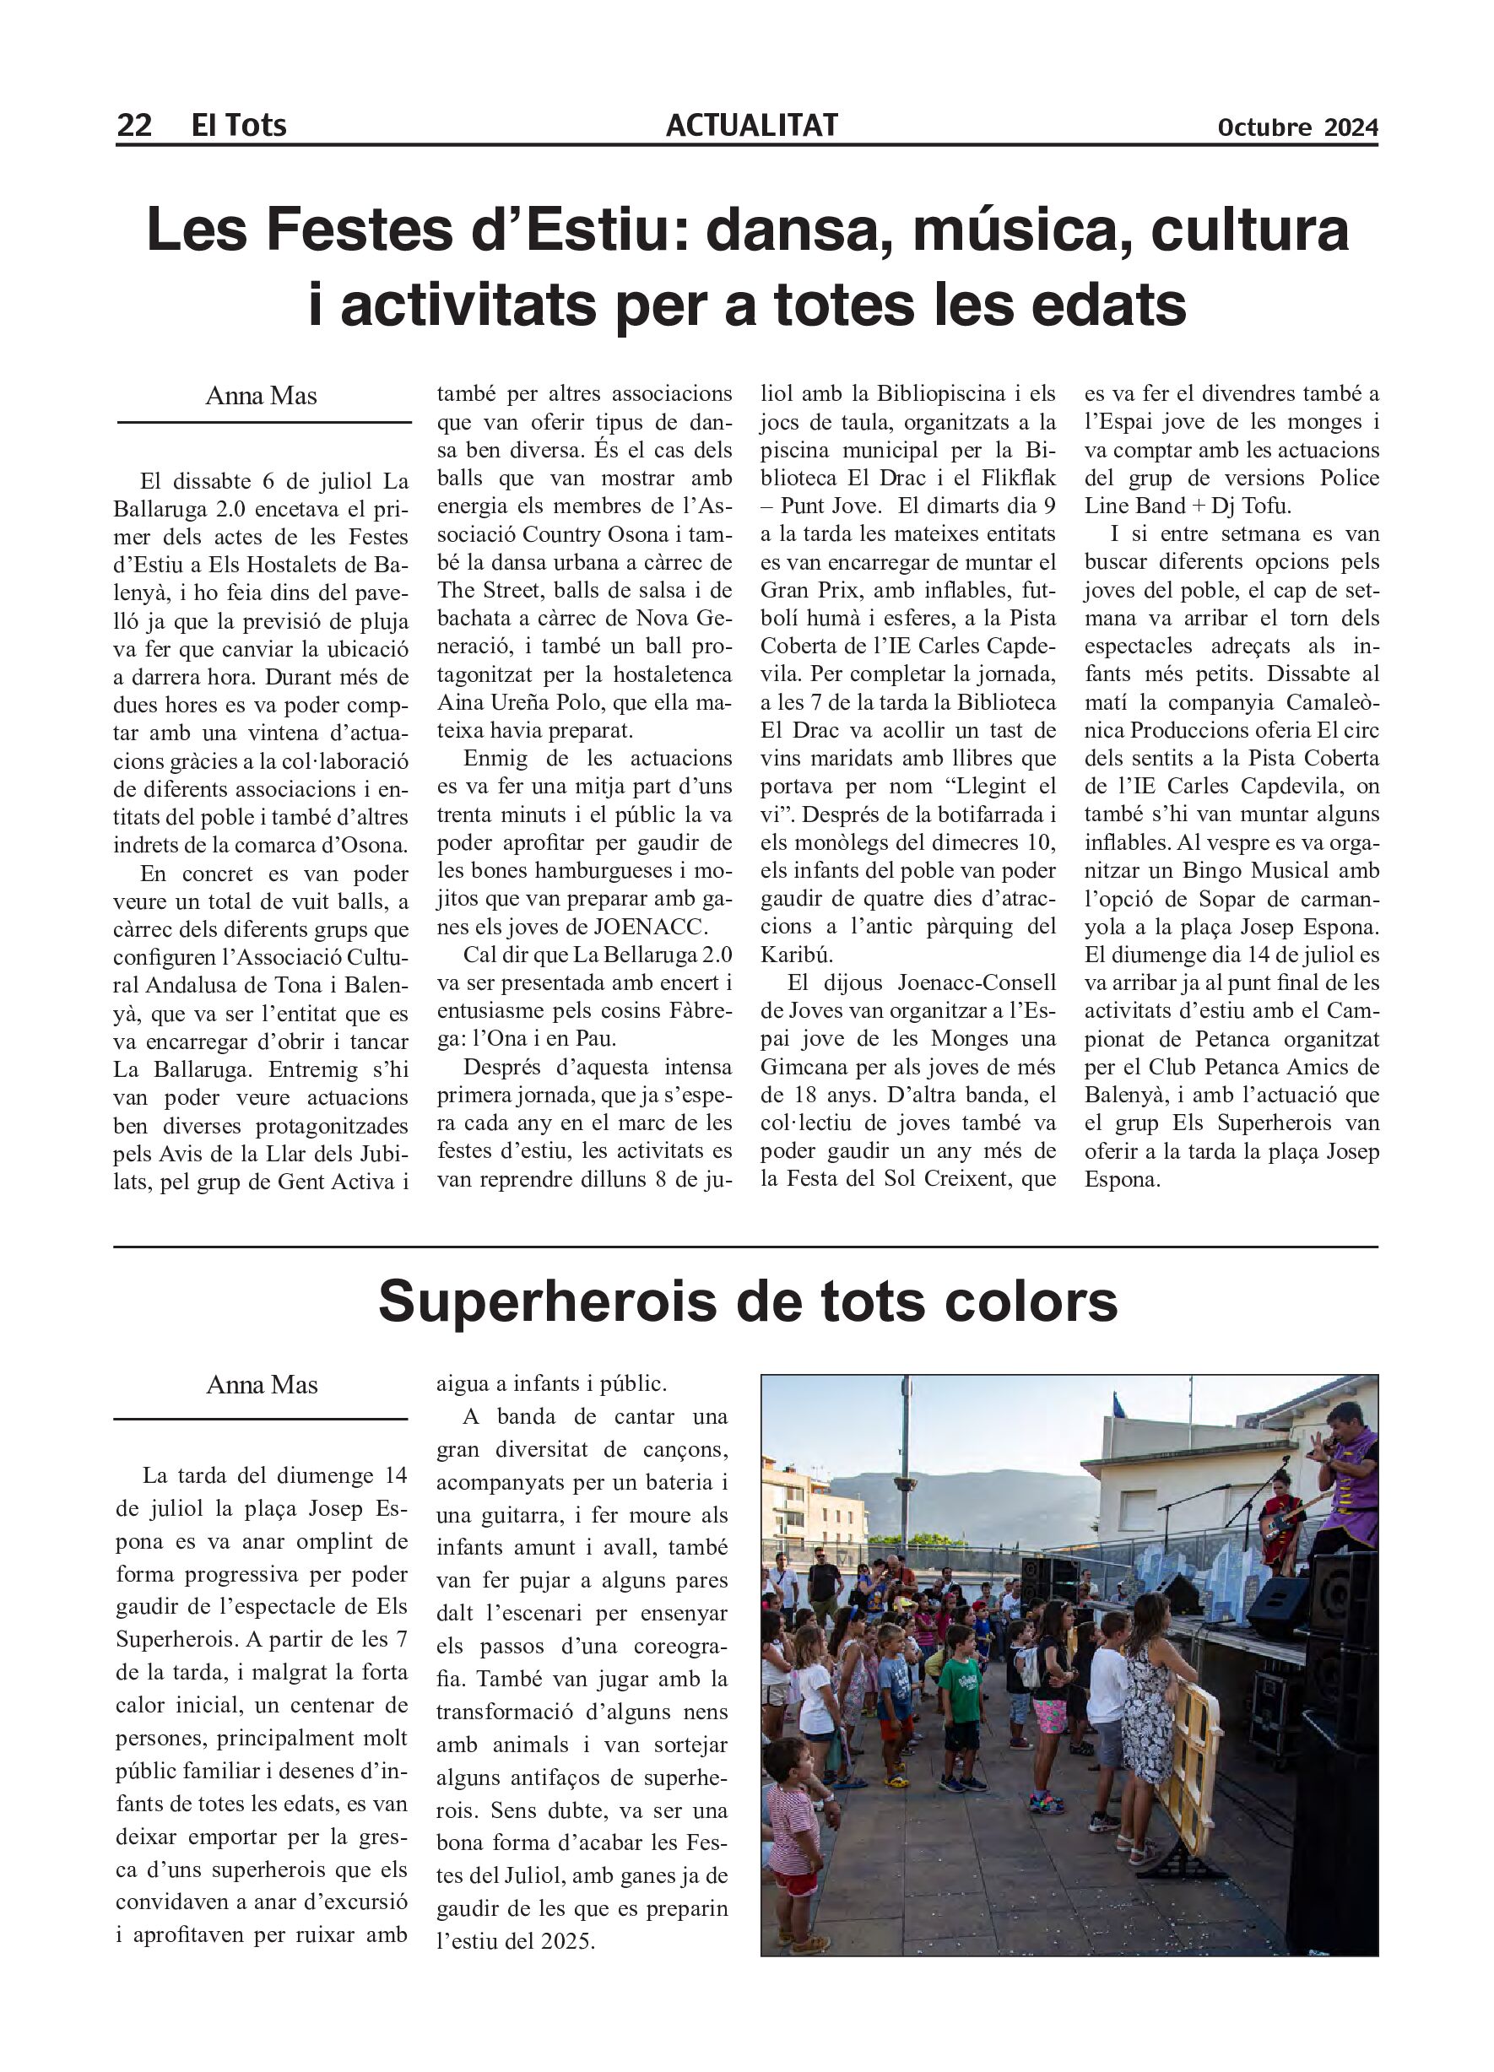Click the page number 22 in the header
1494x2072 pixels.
(x=133, y=125)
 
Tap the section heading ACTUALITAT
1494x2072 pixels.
(x=751, y=125)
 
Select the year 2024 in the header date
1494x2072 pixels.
(x=1351, y=128)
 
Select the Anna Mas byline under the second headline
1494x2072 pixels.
(x=262, y=1385)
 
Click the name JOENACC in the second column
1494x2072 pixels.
(x=650, y=927)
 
